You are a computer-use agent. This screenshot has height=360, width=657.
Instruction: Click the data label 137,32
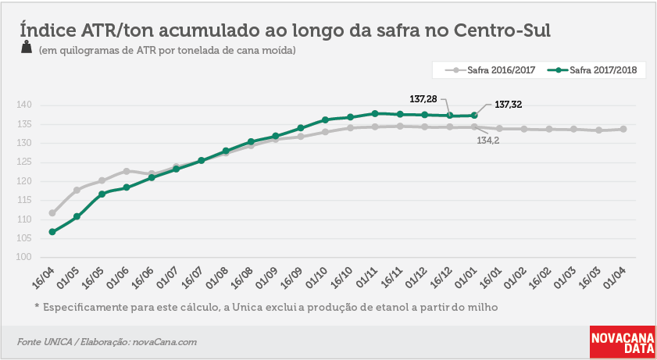509,105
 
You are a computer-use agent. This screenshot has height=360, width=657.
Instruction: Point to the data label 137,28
423,99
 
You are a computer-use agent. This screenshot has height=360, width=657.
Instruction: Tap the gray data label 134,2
488,141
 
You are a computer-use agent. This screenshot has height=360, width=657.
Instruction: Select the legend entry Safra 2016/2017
491,70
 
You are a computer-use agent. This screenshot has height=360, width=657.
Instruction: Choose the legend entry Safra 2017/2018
592,70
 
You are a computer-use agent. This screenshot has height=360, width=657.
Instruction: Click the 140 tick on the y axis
24,105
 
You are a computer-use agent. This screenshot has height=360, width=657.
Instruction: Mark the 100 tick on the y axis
24,257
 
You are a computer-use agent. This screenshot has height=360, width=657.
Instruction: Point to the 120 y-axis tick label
24,181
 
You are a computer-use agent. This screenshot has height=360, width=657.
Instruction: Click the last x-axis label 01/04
615,278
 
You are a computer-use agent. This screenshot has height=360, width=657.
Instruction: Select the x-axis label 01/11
366,278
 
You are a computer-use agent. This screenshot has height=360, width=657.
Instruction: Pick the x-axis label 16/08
242,278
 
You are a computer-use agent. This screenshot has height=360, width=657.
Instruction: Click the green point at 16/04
52,232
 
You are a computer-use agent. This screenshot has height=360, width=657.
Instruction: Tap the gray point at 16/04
52,213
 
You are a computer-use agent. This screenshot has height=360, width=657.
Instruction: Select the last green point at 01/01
474,115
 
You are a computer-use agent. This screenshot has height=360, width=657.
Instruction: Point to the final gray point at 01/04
623,129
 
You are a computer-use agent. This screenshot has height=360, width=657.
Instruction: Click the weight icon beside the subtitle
27,47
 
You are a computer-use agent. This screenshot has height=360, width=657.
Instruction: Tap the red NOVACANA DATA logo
623,342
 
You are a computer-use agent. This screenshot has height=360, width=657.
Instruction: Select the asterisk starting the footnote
37,306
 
